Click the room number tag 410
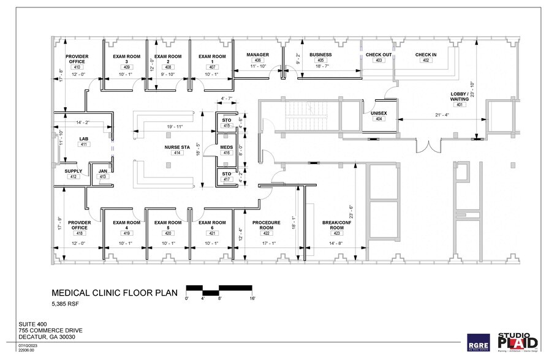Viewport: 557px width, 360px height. pyautogui.click(x=77, y=66)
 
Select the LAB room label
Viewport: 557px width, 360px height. pyautogui.click(x=84, y=139)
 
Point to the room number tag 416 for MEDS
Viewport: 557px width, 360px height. pyautogui.click(x=227, y=152)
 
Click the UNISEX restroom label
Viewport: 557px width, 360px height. pyautogui.click(x=379, y=113)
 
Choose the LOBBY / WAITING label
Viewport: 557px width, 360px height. pyautogui.click(x=460, y=96)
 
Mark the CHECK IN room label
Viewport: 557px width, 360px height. pyautogui.click(x=426, y=54)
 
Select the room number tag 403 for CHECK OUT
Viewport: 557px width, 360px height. pyautogui.click(x=379, y=61)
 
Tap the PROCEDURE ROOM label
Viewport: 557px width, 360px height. pyautogui.click(x=267, y=225)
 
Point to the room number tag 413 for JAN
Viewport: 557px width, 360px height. pyautogui.click(x=102, y=177)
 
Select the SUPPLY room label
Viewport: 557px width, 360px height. pyautogui.click(x=74, y=171)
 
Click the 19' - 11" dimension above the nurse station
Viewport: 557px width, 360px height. pyautogui.click(x=174, y=126)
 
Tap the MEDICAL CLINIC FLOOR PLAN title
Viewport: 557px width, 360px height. pyautogui.click(x=115, y=293)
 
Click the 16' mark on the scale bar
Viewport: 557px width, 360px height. pyautogui.click(x=251, y=298)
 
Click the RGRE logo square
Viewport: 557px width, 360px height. pyautogui.click(x=478, y=342)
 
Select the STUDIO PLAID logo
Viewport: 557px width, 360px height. pyautogui.click(x=518, y=340)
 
